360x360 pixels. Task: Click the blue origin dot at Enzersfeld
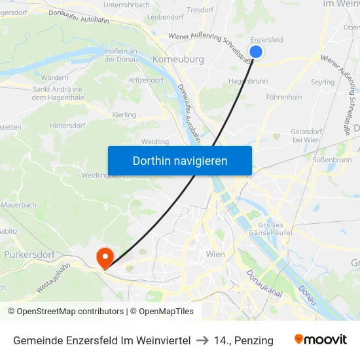point(256,52)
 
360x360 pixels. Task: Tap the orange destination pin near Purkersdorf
point(105,257)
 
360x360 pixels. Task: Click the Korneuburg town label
point(177,59)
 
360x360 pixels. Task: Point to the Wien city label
point(215,254)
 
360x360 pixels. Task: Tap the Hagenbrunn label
point(247,81)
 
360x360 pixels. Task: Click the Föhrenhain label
point(284,97)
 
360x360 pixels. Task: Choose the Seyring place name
point(323,82)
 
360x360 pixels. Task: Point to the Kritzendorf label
point(147,79)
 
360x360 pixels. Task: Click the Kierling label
point(124,115)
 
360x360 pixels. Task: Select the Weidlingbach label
point(103,175)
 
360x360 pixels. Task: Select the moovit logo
point(321,340)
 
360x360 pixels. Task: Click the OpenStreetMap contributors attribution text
point(65,312)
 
